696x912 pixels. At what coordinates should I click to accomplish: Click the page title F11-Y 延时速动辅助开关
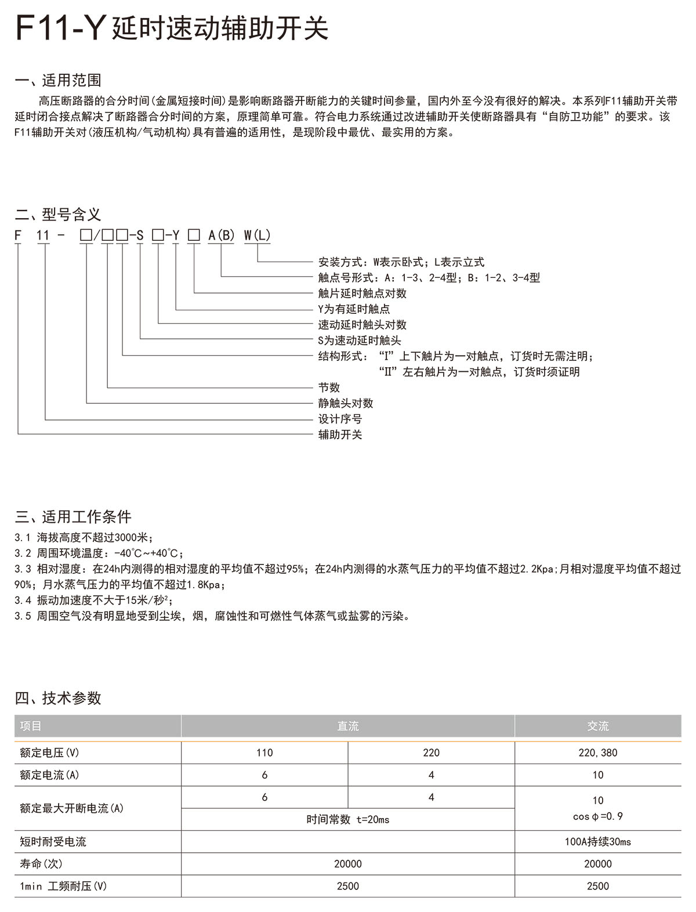pyautogui.click(x=172, y=28)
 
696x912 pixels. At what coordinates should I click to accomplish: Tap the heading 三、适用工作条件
pyautogui.click(x=73, y=516)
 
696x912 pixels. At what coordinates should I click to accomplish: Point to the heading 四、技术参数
pyautogui.click(x=58, y=697)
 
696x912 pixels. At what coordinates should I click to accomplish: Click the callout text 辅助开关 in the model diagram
pyautogui.click(x=340, y=435)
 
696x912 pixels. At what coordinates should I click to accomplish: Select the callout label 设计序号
pyautogui.click(x=340, y=419)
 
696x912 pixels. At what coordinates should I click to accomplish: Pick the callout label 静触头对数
pyautogui.click(x=346, y=403)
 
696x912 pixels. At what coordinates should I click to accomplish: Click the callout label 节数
pyautogui.click(x=329, y=388)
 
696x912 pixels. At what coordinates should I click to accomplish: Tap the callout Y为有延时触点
pyautogui.click(x=354, y=309)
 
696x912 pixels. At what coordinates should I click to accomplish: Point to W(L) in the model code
pyautogui.click(x=257, y=235)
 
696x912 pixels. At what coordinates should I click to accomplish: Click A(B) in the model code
pyautogui.click(x=222, y=235)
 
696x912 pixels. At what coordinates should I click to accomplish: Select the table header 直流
pyautogui.click(x=348, y=726)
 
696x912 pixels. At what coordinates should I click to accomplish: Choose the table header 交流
pyautogui.click(x=598, y=726)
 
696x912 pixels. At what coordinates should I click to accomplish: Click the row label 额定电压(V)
pyautogui.click(x=49, y=752)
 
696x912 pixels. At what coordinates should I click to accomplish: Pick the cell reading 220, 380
pyautogui.click(x=598, y=752)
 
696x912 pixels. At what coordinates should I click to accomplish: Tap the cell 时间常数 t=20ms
pyautogui.click(x=348, y=819)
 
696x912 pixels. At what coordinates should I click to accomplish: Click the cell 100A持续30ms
pyautogui.click(x=598, y=841)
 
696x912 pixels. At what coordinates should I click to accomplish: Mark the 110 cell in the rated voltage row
pyautogui.click(x=264, y=752)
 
